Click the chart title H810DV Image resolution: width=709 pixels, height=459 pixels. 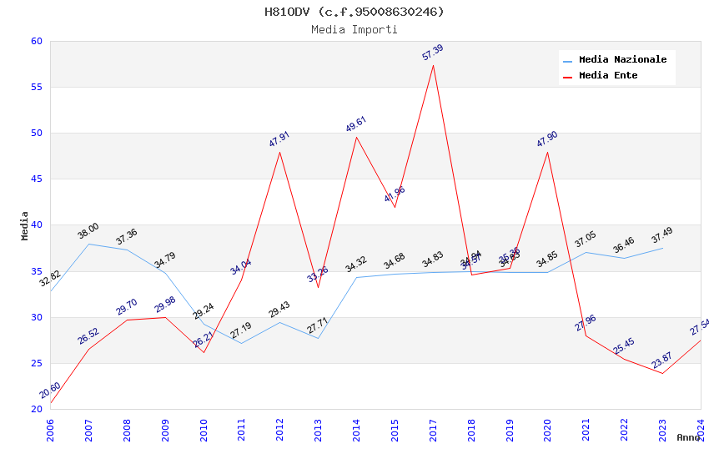[x=354, y=12]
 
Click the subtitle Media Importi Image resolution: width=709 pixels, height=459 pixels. [x=354, y=29]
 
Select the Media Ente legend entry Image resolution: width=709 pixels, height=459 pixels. [x=608, y=76]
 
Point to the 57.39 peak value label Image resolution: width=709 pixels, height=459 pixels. [x=433, y=53]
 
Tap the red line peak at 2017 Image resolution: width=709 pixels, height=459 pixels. [x=433, y=65]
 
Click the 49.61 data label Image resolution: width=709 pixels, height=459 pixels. [x=356, y=124]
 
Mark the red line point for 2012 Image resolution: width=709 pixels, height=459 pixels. [x=279, y=152]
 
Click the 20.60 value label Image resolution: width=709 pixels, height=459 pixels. [x=50, y=391]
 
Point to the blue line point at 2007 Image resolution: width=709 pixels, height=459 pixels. [x=88, y=244]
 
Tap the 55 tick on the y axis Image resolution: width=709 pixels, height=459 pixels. [x=36, y=88]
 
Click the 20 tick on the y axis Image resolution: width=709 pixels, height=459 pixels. [x=36, y=409]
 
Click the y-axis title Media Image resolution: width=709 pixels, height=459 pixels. [x=24, y=225]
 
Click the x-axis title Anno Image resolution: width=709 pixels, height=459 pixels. [x=688, y=437]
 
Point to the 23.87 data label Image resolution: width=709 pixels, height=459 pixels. [x=662, y=361]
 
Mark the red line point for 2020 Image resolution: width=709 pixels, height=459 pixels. [x=547, y=152]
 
